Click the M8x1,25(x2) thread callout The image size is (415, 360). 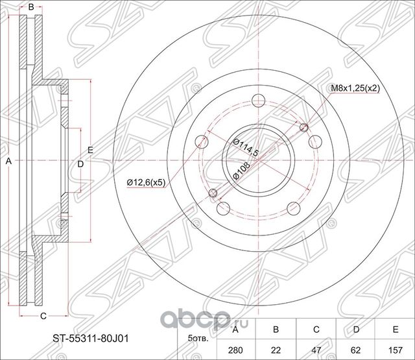point(355,88)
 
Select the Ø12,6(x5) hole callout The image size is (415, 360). point(146,182)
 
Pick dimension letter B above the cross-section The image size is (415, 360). point(30,7)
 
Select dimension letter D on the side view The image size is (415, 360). point(80,163)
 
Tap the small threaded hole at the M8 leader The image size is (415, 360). point(304,127)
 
